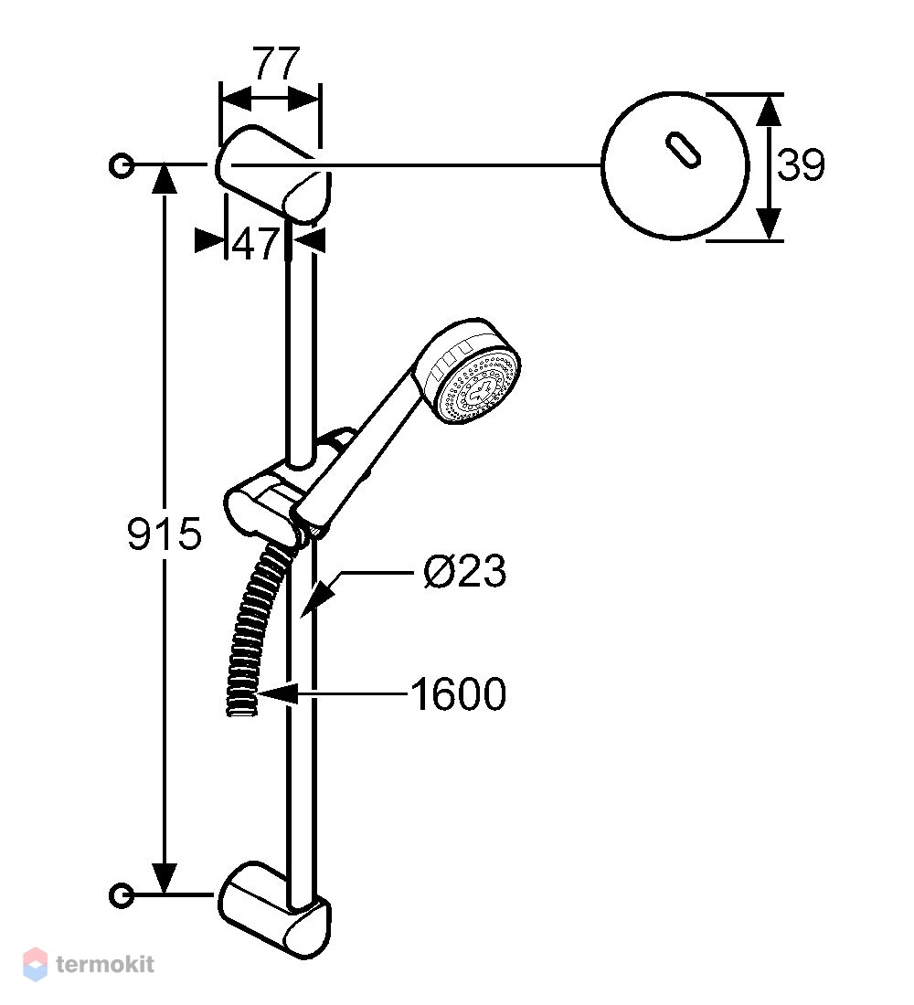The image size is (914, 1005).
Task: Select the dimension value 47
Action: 255,244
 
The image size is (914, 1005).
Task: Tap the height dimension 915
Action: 165,534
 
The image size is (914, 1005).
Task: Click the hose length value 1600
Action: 458,693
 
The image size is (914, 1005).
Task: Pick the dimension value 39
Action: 801,164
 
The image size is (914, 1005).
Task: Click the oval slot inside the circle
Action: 683,152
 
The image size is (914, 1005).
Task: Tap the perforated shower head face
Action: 477,386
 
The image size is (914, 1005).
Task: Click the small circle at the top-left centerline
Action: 121,165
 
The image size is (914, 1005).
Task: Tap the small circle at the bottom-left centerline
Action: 121,894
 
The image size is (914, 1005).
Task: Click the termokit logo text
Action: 105,964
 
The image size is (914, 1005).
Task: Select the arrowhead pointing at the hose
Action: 279,694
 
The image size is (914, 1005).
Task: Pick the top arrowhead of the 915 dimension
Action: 165,178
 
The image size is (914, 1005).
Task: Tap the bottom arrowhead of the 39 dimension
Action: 769,225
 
